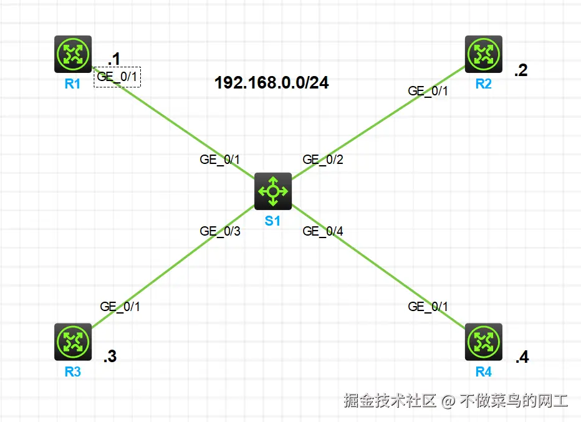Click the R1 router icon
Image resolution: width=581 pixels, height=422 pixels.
tap(73, 54)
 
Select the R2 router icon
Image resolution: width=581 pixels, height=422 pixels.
tap(483, 54)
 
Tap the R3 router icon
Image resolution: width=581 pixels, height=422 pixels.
tap(73, 342)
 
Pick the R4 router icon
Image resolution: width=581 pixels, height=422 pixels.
tap(483, 342)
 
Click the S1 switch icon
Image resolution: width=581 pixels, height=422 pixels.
tap(273, 191)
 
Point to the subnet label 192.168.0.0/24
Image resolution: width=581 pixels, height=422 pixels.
tap(272, 83)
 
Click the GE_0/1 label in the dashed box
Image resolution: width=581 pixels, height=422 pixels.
tap(117, 77)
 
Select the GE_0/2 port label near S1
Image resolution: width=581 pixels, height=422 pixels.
tap(322, 160)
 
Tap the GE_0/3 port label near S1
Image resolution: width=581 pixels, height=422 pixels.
tap(219, 231)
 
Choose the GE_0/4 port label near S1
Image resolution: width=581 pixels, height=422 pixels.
tap(322, 231)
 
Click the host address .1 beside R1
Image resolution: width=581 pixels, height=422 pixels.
tap(113, 59)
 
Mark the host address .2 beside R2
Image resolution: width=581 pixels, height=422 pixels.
tap(521, 71)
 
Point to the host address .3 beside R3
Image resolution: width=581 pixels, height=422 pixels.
tap(110, 357)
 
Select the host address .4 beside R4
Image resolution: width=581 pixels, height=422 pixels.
tap(522, 358)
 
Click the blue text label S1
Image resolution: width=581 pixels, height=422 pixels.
tap(272, 221)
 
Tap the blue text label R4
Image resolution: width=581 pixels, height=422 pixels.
tap(483, 373)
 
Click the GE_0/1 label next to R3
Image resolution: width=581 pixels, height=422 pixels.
tap(120, 307)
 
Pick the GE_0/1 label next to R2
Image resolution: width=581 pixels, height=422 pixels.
tap(428, 90)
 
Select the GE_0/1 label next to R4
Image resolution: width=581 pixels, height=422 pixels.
tap(428, 307)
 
